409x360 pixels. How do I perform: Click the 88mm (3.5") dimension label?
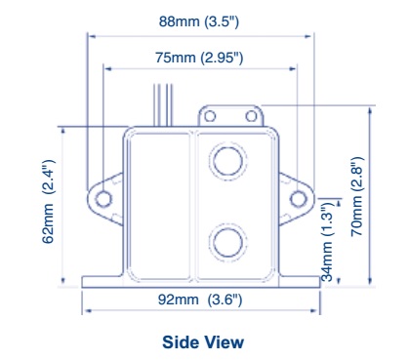[199, 21]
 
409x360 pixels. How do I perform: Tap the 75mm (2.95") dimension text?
[199, 58]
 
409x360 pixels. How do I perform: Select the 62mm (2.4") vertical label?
[49, 201]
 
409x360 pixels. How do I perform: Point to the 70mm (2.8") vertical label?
[356, 197]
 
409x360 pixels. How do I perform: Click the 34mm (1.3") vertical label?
[327, 241]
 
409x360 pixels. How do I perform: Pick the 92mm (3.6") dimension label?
[200, 300]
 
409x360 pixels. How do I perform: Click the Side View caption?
[203, 342]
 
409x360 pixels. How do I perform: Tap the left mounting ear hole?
[103, 199]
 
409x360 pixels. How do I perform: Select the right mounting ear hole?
[298, 199]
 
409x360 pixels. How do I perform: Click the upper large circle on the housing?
[227, 161]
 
